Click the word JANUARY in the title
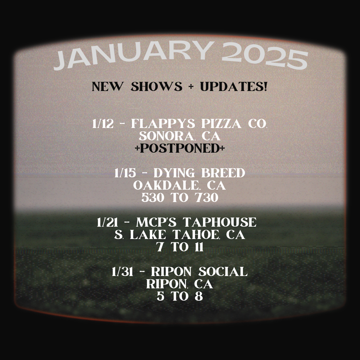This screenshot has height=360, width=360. click(x=133, y=55)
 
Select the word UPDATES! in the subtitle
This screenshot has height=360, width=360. click(x=233, y=87)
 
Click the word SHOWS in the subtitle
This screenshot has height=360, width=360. click(x=156, y=87)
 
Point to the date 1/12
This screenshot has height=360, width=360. click(x=103, y=124)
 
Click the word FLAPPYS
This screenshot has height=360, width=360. click(x=163, y=124)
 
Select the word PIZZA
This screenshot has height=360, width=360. click(x=221, y=124)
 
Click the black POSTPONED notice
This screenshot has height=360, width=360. click(x=180, y=148)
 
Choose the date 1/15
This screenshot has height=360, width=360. click(x=125, y=173)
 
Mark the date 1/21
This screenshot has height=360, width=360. click(x=107, y=222)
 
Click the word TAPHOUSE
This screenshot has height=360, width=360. click(x=219, y=222)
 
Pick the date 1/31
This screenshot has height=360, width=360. click(x=122, y=272)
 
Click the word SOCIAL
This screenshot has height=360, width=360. click(x=223, y=272)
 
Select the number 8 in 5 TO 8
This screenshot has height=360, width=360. click(x=199, y=296)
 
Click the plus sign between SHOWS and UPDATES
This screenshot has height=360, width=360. click(x=191, y=87)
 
